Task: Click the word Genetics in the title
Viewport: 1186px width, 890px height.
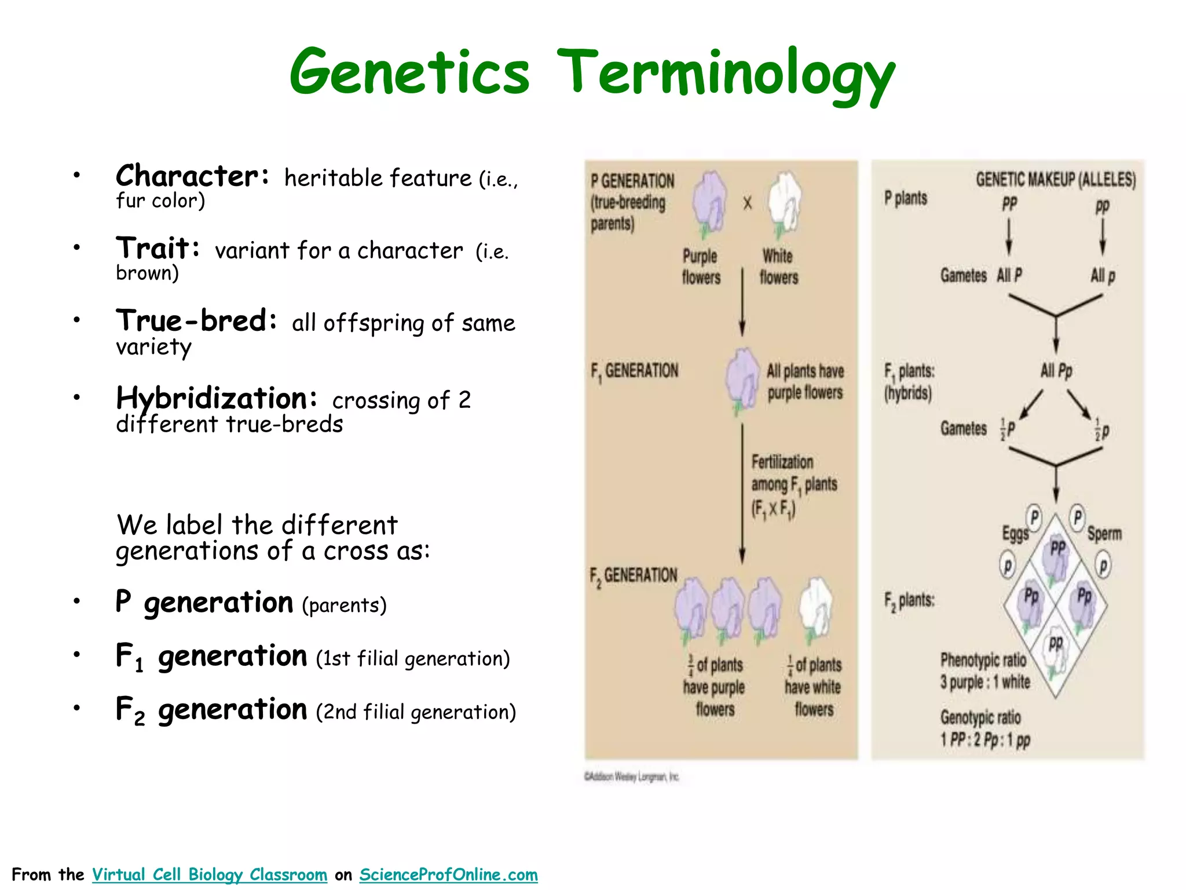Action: click(409, 72)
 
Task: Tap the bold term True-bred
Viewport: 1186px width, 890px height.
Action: click(196, 321)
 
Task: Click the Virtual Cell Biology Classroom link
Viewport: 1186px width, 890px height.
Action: click(210, 874)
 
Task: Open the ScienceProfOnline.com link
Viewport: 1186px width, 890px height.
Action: click(448, 874)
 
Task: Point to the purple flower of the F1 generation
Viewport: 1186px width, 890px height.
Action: click(742, 380)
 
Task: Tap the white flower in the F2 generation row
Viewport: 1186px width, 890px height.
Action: click(815, 608)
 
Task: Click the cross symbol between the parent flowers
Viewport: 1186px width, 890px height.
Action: click(747, 203)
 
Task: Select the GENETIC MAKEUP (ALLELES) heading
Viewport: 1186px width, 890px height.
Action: click(1055, 180)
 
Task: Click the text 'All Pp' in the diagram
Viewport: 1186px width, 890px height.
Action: click(1056, 370)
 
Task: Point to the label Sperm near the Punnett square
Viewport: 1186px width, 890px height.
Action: click(1104, 534)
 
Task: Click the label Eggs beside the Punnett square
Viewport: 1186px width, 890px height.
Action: click(1015, 534)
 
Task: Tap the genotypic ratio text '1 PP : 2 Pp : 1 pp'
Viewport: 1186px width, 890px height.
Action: click(985, 740)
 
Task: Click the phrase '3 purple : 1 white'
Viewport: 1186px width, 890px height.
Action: click(985, 682)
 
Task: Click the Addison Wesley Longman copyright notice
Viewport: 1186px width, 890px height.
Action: click(631, 776)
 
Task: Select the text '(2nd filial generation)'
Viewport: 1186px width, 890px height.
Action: click(416, 712)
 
